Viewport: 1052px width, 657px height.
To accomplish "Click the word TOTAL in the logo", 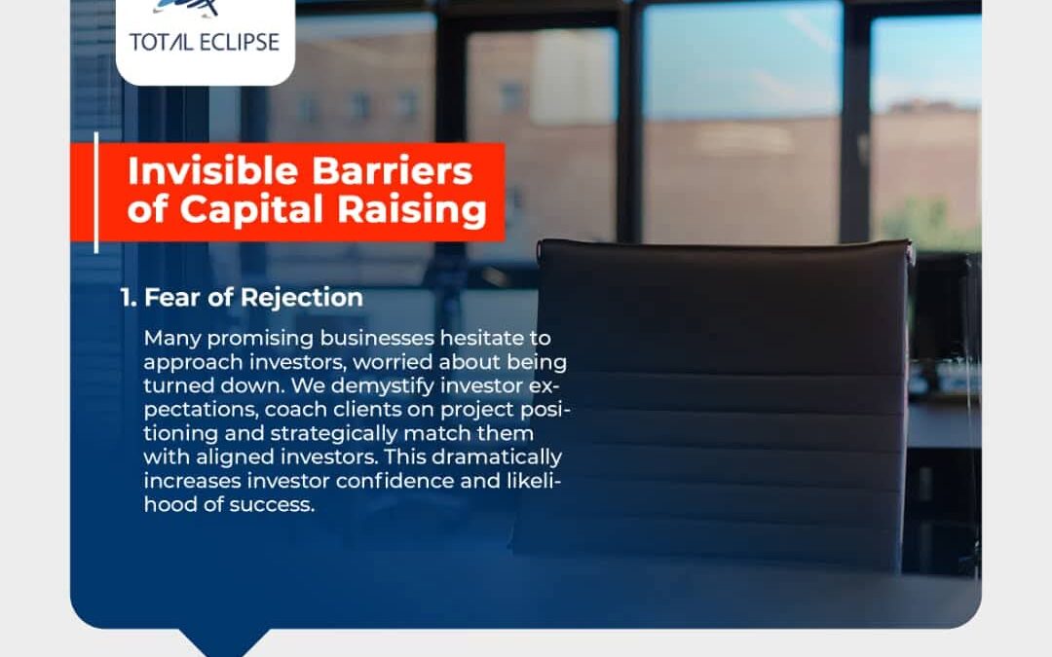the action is click(x=160, y=42).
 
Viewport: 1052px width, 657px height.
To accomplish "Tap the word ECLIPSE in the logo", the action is click(x=239, y=42).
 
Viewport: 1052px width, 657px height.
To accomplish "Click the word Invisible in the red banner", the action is click(x=212, y=170).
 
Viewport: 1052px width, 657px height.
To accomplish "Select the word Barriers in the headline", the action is click(x=393, y=170).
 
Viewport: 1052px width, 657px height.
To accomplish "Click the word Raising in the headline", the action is click(x=411, y=210).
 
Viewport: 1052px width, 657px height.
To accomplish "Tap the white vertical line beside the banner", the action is click(x=96, y=193).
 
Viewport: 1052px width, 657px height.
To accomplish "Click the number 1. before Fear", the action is click(x=129, y=298).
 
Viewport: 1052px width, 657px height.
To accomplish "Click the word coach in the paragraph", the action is click(x=296, y=409).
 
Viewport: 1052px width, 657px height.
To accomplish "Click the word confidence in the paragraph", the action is click(x=394, y=481).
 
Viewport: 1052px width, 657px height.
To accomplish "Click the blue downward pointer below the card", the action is click(x=223, y=641).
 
